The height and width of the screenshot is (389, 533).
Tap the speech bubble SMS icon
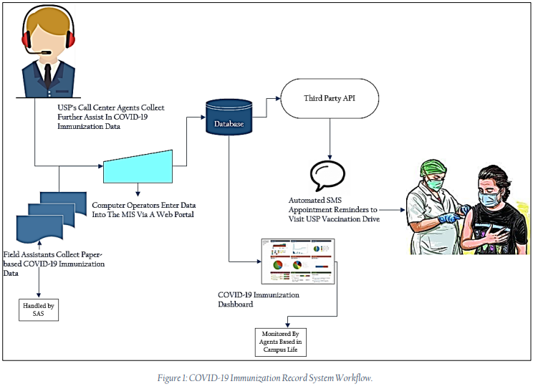[327, 174]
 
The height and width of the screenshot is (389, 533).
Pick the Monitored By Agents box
[279, 339]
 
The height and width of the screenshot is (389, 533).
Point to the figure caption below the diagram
[266, 378]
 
